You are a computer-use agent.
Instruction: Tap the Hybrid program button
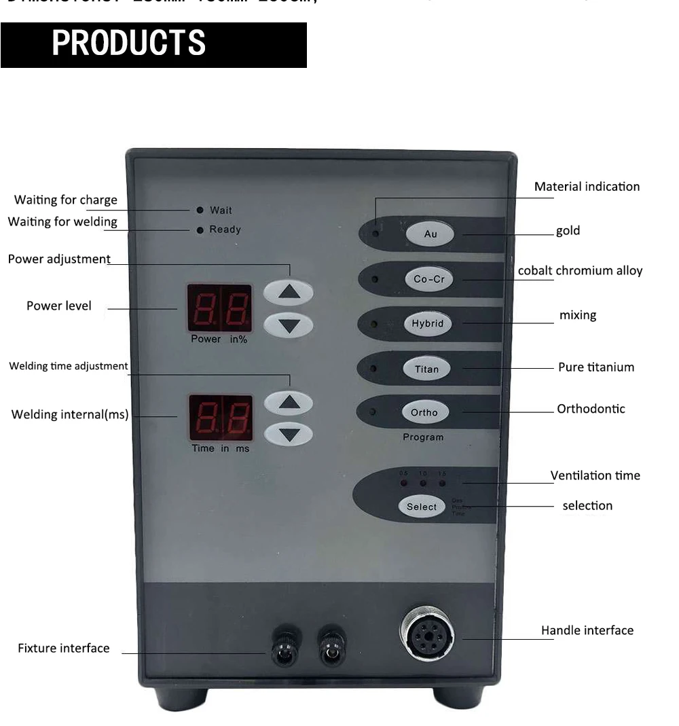click(427, 323)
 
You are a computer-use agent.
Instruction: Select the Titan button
click(426, 369)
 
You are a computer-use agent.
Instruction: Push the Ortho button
click(424, 412)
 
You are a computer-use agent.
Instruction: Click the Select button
click(422, 507)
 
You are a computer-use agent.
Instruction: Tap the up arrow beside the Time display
click(289, 403)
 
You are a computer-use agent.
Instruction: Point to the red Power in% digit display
click(219, 309)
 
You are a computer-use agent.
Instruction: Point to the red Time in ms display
click(220, 418)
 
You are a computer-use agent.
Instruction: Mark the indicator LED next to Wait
click(200, 211)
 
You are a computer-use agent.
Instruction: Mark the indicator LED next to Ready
click(200, 230)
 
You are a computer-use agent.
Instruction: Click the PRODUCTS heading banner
click(153, 45)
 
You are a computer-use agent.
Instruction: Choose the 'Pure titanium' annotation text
click(595, 367)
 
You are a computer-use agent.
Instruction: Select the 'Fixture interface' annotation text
click(63, 649)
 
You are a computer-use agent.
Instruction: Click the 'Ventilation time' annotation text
click(595, 475)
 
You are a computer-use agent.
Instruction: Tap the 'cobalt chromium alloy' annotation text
click(580, 271)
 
